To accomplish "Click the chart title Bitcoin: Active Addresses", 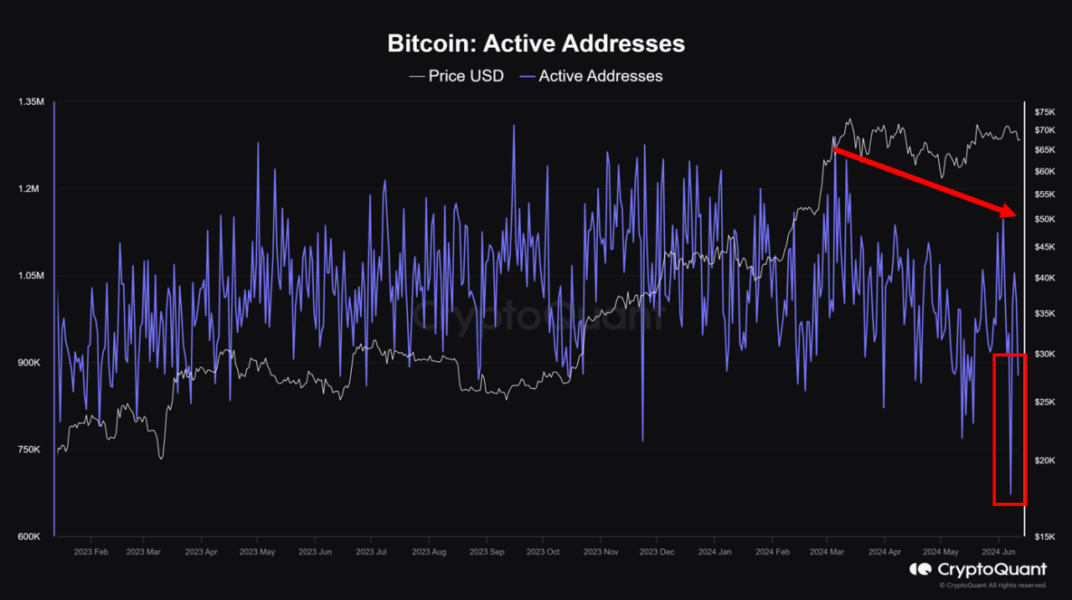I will (x=536, y=44).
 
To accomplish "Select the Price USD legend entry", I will (x=456, y=76).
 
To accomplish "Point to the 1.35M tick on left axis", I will (x=29, y=102).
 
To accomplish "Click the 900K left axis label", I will (x=29, y=363).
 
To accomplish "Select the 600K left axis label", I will (x=29, y=537).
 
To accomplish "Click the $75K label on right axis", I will (x=1044, y=112).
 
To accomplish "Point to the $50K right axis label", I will (x=1044, y=220).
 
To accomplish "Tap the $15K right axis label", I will (x=1044, y=537).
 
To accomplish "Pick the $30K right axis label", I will (x=1044, y=354).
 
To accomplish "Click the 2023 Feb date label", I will (x=90, y=552).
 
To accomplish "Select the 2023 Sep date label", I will (x=487, y=552).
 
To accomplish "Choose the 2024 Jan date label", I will (x=714, y=552).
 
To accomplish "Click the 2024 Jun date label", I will (x=997, y=552).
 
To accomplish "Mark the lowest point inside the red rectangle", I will (x=1011, y=494).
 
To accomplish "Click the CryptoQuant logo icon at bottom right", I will (x=921, y=570).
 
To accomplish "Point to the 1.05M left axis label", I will (x=29, y=276).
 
